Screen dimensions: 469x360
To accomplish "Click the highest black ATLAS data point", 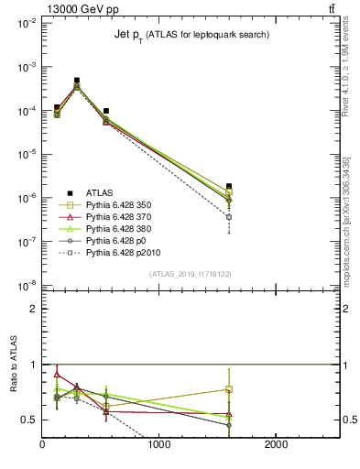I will [77, 81].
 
